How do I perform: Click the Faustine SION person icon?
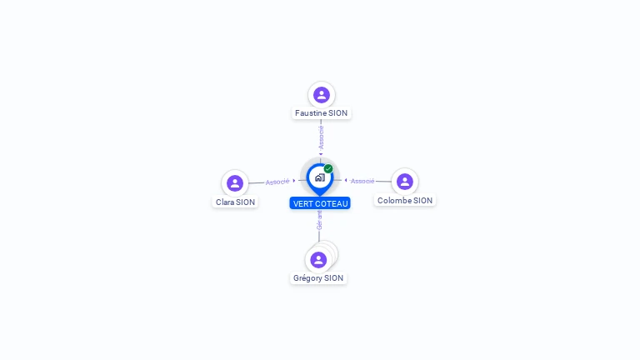point(322,95)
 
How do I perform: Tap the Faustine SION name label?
point(321,113)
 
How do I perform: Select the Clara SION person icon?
point(235,183)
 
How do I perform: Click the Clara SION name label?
point(235,202)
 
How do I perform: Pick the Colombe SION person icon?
point(405,182)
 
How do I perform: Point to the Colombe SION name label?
point(405,200)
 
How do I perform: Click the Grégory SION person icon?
point(318,260)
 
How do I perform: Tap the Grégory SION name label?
point(318,278)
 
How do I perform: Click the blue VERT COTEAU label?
point(320,203)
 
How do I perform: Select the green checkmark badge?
point(328,168)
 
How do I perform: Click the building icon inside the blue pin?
point(320,177)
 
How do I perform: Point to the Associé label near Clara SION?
point(277,182)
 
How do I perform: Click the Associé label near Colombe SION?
point(362,181)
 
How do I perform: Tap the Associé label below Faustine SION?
point(321,137)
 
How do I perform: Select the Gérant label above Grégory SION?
point(319,220)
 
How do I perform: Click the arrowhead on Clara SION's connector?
point(294,180)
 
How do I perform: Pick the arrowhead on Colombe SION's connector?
point(346,180)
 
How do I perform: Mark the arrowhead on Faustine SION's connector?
point(321,154)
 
